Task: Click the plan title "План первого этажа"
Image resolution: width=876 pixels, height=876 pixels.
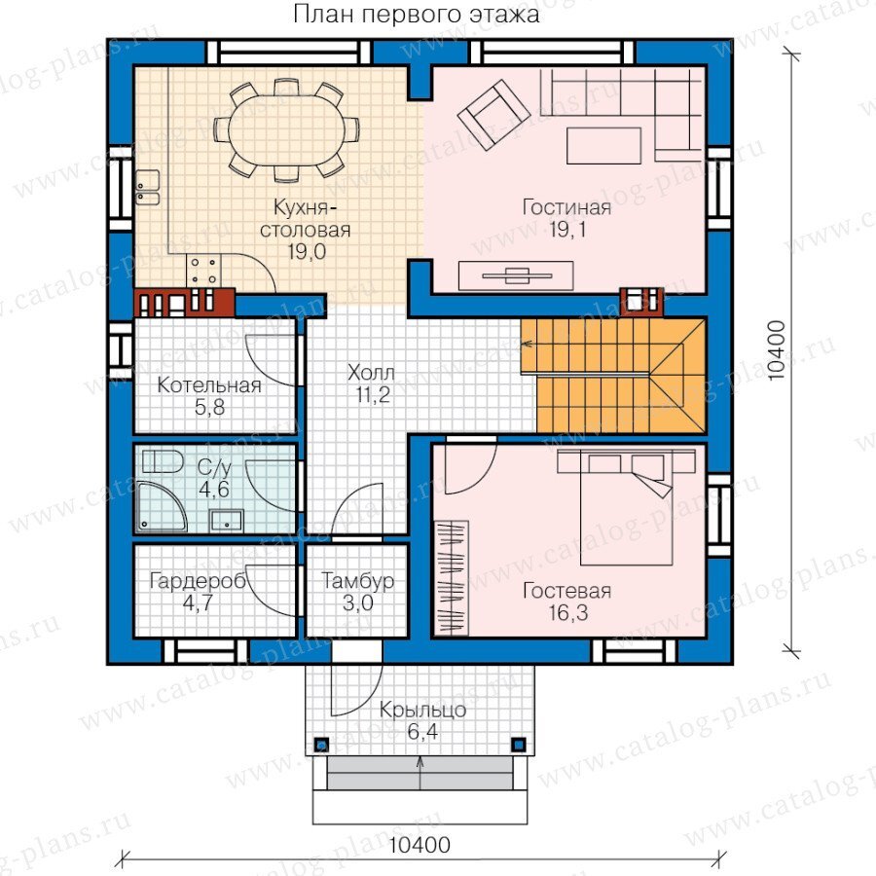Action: click(x=417, y=15)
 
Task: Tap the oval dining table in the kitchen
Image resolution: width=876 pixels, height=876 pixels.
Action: click(x=285, y=130)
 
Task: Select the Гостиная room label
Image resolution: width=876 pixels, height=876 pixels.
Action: click(x=566, y=207)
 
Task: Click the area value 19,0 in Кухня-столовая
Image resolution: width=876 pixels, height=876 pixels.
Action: click(x=307, y=252)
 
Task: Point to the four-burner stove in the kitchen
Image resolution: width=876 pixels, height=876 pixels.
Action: click(x=203, y=271)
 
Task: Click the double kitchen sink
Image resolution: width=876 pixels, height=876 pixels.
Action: click(x=148, y=188)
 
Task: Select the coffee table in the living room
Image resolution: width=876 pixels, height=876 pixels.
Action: click(x=603, y=145)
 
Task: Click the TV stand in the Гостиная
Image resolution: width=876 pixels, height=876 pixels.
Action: click(x=516, y=275)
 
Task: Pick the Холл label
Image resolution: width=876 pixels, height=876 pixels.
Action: click(x=371, y=372)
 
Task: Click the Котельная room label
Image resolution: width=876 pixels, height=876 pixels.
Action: click(x=209, y=384)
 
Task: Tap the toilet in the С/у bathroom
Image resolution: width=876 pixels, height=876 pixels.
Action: click(x=163, y=462)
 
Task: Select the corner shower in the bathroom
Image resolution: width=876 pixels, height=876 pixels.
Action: click(x=162, y=506)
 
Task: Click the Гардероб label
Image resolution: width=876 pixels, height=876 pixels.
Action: click(x=198, y=582)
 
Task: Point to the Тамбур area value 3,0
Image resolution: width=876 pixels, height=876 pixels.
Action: click(x=357, y=603)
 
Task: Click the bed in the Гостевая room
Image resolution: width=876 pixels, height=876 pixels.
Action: click(x=626, y=508)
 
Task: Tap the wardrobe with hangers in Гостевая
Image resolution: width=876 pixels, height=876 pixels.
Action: click(x=452, y=578)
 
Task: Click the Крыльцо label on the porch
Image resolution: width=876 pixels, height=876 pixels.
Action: click(x=423, y=711)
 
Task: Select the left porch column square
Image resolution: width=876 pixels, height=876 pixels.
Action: click(x=322, y=745)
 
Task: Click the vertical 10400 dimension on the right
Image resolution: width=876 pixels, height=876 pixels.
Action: click(x=778, y=350)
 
